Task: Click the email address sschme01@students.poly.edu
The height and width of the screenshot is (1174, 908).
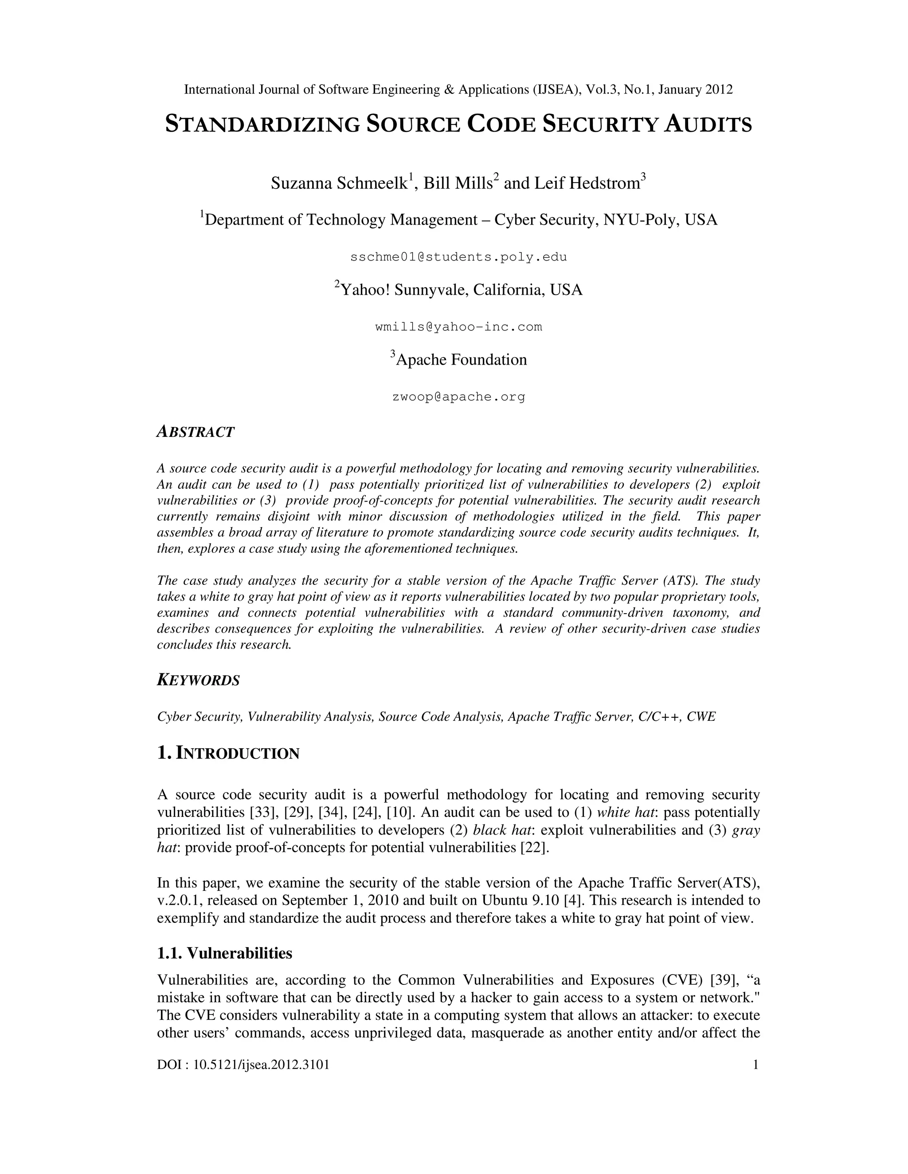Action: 458,257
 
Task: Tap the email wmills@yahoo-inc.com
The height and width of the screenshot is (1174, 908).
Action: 458,327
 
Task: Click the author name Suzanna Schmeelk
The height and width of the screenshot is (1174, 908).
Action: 339,184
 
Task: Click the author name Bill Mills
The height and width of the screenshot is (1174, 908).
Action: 458,184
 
